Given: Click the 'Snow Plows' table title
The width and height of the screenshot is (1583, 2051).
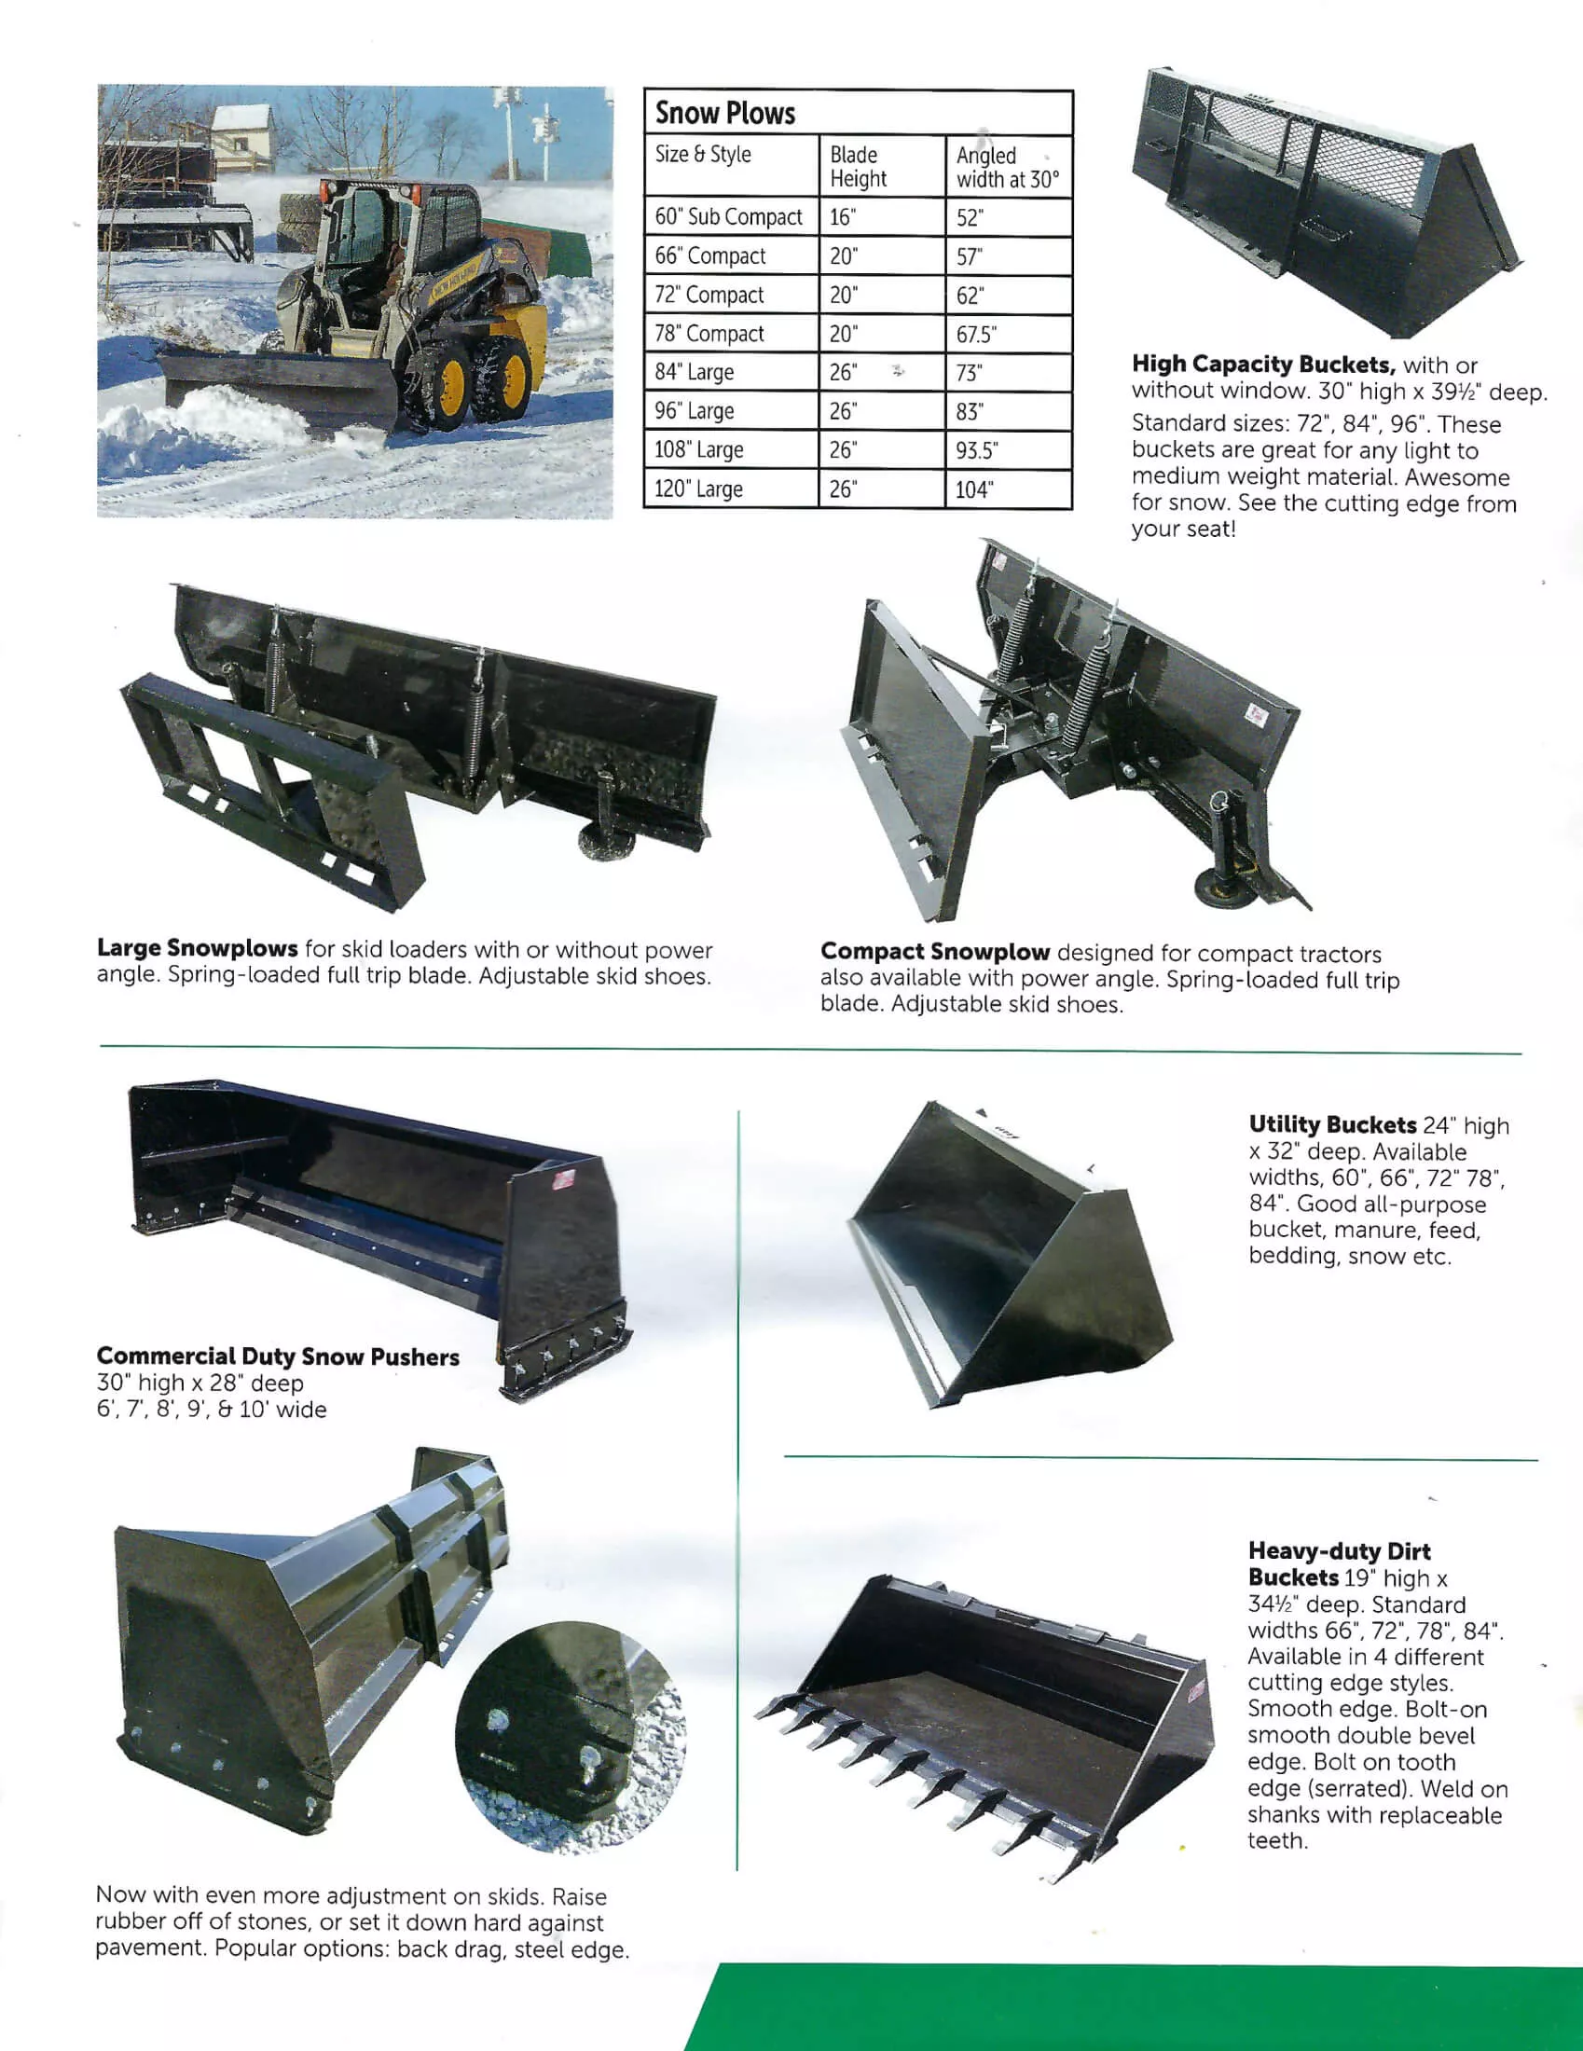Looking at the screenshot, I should point(724,114).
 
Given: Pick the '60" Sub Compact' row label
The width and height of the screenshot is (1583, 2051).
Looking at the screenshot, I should point(729,217).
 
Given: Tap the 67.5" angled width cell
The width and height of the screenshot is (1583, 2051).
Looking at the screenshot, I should point(976,335).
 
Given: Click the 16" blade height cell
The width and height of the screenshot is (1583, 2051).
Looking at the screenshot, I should point(843,217).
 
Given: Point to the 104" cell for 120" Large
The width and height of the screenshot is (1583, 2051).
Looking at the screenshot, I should point(974,489).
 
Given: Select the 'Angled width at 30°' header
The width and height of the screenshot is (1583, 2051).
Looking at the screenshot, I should point(1007,167).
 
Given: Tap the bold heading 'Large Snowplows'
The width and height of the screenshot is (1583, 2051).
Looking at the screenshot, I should point(197,948).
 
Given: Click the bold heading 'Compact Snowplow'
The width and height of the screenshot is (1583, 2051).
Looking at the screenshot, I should point(934,952).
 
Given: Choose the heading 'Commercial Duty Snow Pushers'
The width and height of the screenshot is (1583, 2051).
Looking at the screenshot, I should point(278,1357).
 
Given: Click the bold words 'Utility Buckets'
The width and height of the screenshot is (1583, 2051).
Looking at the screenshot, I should point(1331,1125).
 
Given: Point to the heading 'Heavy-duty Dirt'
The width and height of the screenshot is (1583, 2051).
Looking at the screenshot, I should point(1339,1551).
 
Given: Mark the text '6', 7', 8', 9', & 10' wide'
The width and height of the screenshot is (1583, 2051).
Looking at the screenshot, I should point(212,1410).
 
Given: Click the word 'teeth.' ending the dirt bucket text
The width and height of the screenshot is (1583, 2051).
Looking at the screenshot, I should point(1277,1841).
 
